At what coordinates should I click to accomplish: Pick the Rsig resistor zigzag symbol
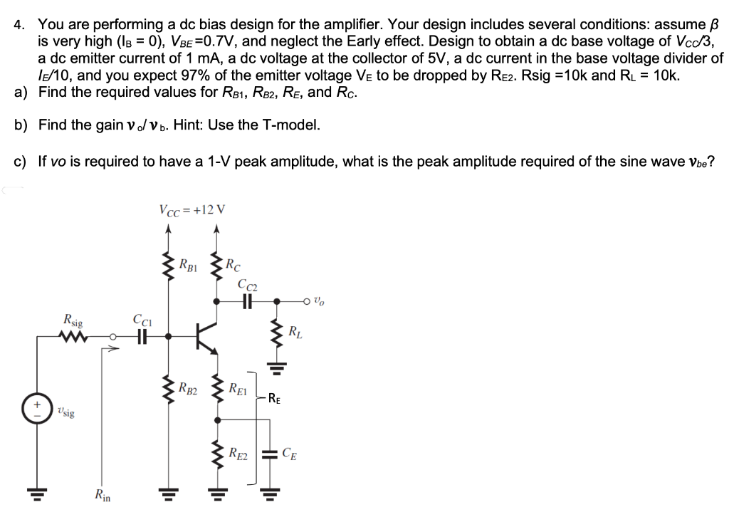(x=73, y=335)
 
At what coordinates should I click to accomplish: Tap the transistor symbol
(x=206, y=335)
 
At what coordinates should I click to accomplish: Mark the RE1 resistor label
(x=238, y=389)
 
